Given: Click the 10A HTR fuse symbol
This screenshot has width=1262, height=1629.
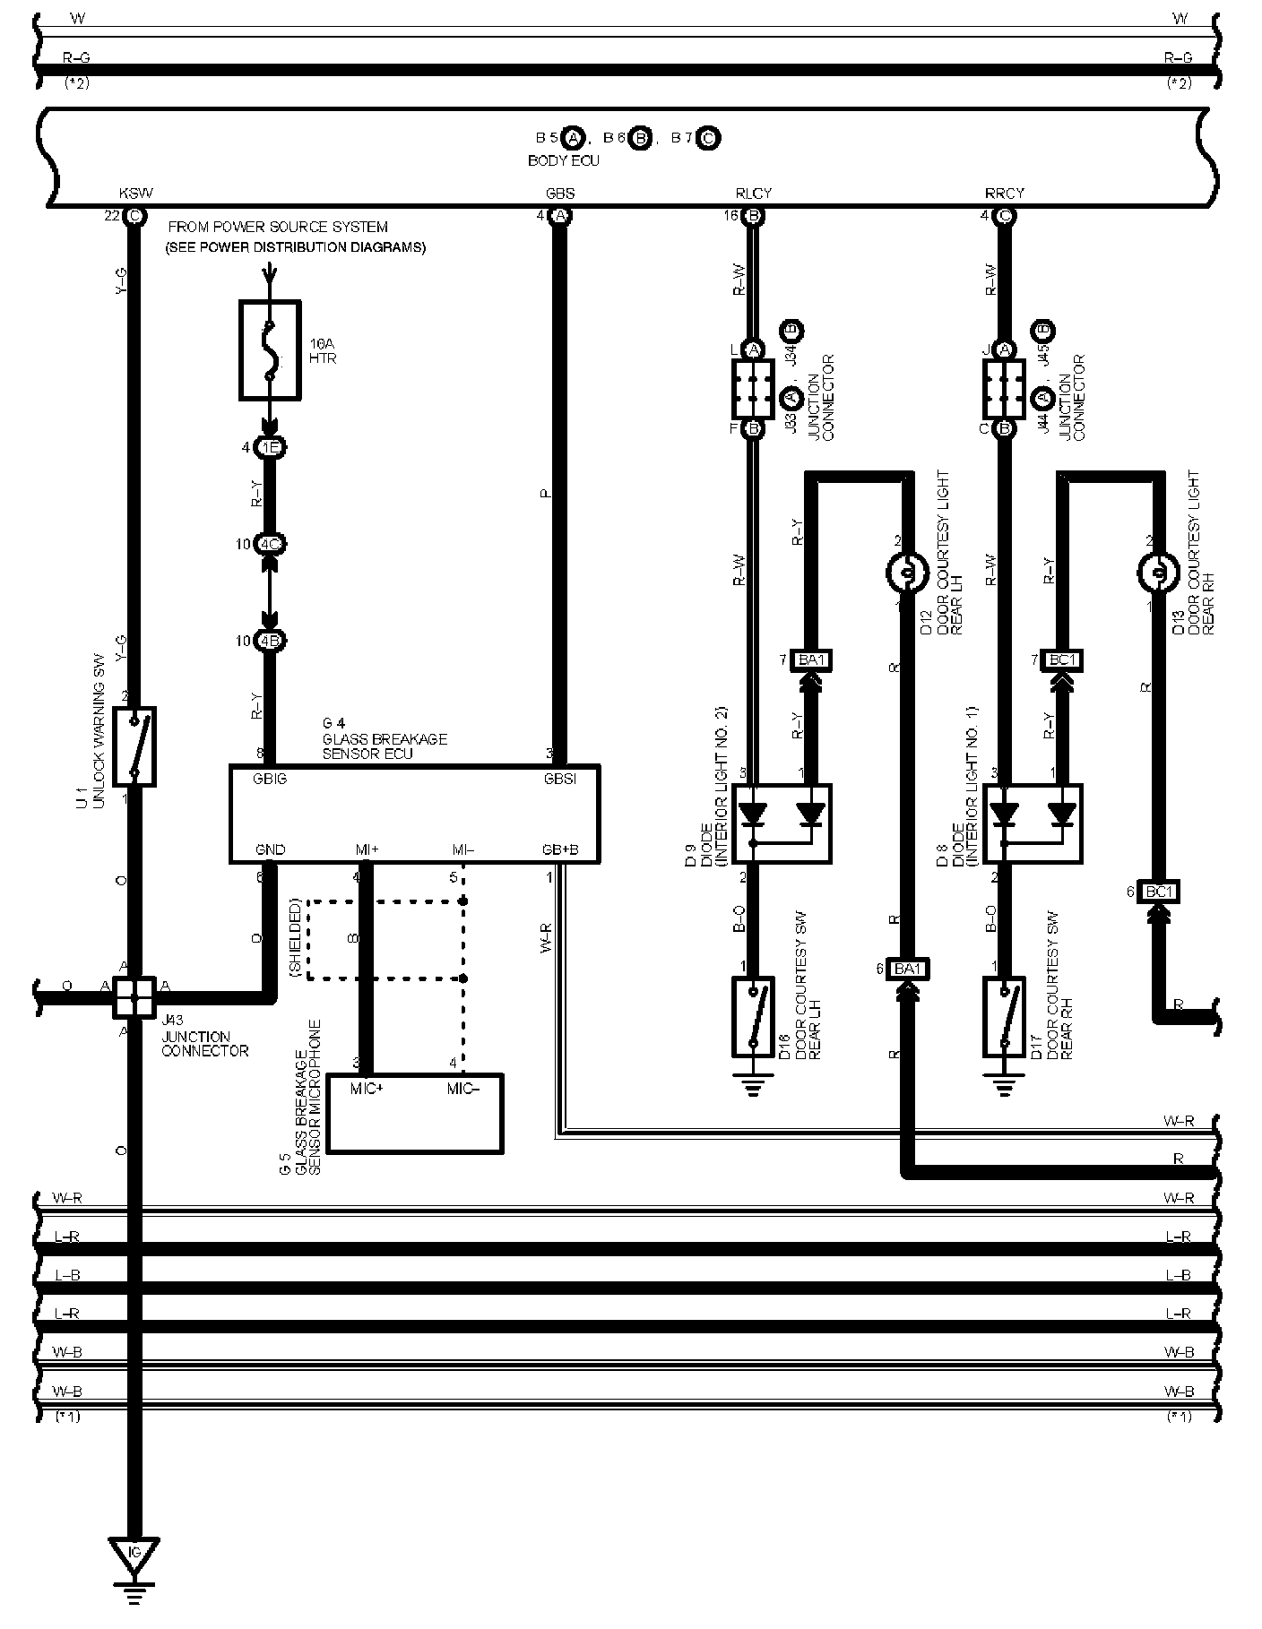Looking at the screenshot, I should coord(270,349).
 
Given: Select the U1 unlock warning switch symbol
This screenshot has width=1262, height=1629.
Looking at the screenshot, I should coord(135,746).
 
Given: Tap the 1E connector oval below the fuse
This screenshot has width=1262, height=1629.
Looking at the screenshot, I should coord(270,447).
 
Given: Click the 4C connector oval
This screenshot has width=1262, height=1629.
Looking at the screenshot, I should coord(270,544).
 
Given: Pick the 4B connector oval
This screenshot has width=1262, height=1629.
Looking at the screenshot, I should coord(270,642).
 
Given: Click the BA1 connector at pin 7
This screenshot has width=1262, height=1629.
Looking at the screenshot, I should coord(811,660).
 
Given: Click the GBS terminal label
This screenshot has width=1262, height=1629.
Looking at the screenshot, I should coord(560,194).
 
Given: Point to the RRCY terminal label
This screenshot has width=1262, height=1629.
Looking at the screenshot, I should coord(1004,194).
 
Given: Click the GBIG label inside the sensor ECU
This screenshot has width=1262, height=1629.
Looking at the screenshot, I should coord(270,779).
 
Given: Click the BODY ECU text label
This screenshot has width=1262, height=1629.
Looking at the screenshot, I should coord(564,161).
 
